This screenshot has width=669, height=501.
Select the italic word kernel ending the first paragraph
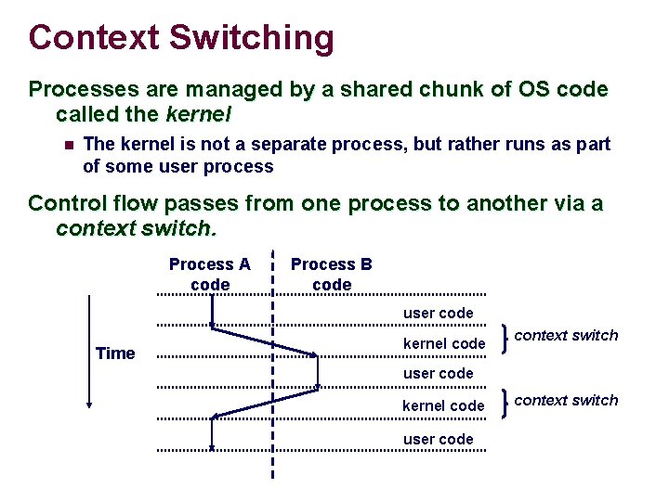click(198, 116)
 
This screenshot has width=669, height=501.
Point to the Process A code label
click(209, 275)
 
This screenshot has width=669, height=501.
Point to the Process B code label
click(332, 275)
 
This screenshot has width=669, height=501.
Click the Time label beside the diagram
click(115, 353)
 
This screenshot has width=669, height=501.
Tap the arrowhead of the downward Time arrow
click(88, 402)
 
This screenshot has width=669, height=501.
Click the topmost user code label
click(438, 314)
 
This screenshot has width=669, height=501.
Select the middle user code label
click(438, 374)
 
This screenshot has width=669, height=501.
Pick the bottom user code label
click(438, 439)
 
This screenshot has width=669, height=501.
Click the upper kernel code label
click(443, 344)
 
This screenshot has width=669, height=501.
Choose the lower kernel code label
click(443, 406)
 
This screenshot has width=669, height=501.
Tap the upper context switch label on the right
click(566, 336)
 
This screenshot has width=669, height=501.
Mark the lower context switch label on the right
click(566, 401)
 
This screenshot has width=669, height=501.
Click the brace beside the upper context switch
click(503, 339)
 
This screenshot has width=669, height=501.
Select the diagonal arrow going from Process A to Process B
click(265, 340)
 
